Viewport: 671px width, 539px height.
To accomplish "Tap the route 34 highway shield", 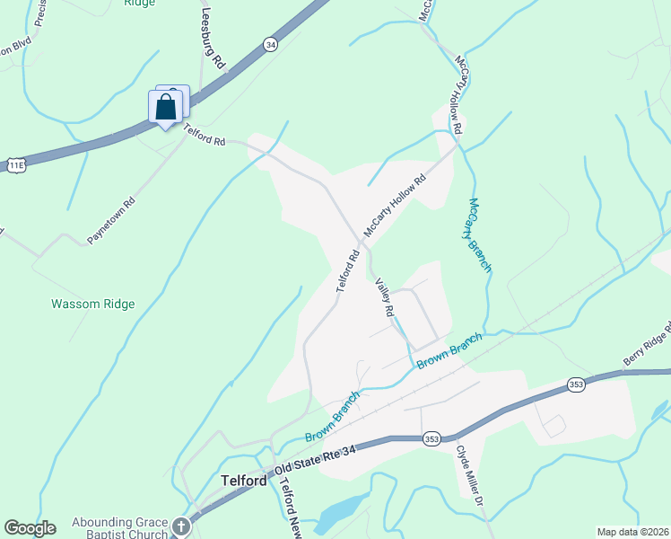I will (270, 42).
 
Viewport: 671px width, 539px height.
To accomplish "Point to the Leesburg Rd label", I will (212, 39).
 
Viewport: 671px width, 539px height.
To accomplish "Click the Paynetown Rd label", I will (110, 219).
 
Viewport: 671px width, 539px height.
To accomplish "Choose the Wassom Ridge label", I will (92, 305).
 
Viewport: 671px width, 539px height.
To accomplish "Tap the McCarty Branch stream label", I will (480, 235).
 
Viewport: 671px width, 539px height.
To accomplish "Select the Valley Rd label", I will (384, 296).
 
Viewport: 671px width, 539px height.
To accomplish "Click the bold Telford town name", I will (244, 481).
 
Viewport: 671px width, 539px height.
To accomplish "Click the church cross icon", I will (181, 526).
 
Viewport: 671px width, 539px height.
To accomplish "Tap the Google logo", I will (30, 528).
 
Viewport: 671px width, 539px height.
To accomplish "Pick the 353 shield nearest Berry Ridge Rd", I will (578, 384).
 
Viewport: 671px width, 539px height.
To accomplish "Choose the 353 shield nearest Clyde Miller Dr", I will (431, 438).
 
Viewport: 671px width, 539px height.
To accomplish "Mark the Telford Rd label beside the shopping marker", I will (205, 135).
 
